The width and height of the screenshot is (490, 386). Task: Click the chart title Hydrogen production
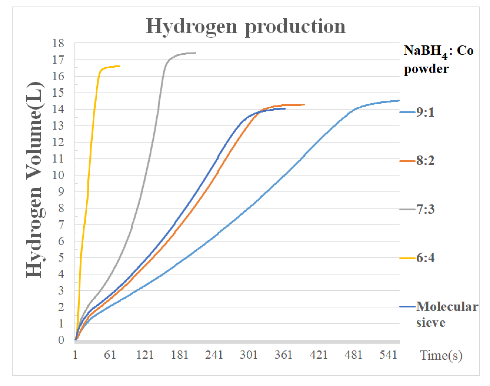pyautogui.click(x=246, y=26)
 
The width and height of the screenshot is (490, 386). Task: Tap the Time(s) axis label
pyautogui.click(x=441, y=355)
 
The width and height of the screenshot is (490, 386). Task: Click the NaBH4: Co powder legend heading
pyautogui.click(x=438, y=60)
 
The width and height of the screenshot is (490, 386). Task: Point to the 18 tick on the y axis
pyautogui.click(x=58, y=43)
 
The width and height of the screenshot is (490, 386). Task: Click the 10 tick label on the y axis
pyautogui.click(x=58, y=175)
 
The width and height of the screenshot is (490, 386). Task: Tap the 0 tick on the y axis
pyautogui.click(x=61, y=340)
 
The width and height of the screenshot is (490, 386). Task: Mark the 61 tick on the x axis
pyautogui.click(x=110, y=355)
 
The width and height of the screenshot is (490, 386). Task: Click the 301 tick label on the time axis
pyautogui.click(x=249, y=355)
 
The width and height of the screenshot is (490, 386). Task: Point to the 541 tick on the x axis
pyautogui.click(x=388, y=355)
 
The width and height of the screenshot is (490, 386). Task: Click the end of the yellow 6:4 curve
pyautogui.click(x=119, y=66)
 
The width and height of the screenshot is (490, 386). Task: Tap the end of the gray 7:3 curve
pyautogui.click(x=195, y=53)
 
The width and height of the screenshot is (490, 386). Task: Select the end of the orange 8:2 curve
pyautogui.click(x=304, y=104)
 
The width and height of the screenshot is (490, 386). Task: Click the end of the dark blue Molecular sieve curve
pyautogui.click(x=285, y=108)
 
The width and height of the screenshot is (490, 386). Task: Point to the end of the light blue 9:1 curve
pyautogui.click(x=399, y=101)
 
